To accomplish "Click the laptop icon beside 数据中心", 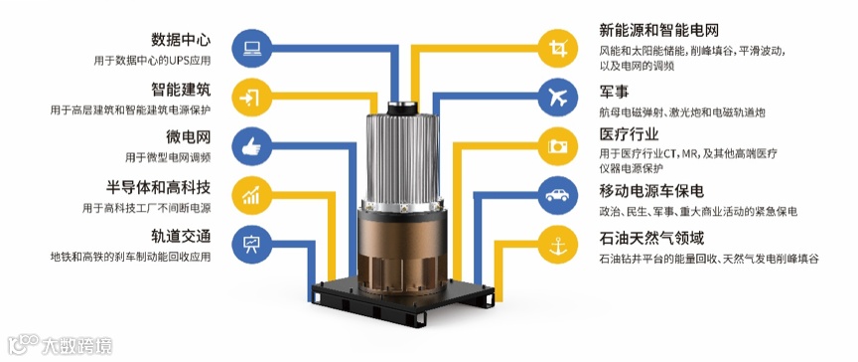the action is pos(251,48).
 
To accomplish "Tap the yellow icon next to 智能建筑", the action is pos(251,96).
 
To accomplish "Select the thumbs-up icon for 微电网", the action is pos(251,146).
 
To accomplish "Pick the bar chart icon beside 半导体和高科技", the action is pos(251,195).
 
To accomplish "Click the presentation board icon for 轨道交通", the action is pos(251,244).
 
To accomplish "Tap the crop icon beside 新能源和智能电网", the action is pos(557,49).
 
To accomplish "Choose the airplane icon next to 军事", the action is pos(557,97).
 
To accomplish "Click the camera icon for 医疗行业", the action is pos(557,146).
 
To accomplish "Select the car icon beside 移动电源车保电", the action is pos(557,195).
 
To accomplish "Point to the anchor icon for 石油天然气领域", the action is pos(557,244).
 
